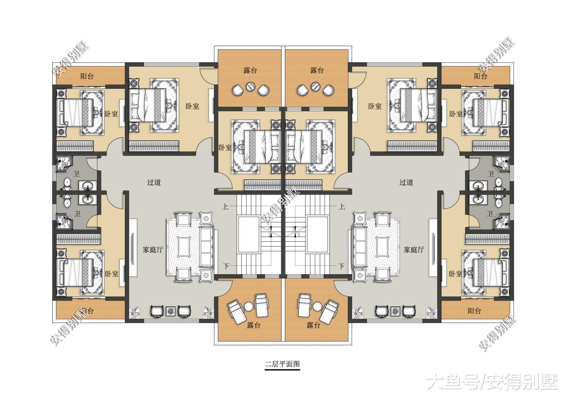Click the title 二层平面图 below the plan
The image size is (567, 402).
[282, 365]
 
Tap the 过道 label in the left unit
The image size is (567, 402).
[154, 183]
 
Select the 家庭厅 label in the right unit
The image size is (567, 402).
[414, 250]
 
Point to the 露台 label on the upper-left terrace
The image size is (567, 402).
[250, 71]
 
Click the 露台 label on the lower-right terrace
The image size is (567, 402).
[313, 325]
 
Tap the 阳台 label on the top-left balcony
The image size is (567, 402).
[87, 76]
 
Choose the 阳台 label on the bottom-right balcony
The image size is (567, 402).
[474, 311]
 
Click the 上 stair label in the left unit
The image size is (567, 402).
[225, 207]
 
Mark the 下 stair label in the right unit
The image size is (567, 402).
[341, 266]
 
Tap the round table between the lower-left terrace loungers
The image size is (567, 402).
[249, 306]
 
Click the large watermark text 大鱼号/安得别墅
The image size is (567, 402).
[492, 381]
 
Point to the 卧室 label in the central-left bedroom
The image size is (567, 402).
[225, 148]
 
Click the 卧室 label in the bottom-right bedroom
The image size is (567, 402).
[455, 274]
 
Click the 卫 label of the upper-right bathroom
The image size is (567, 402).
[491, 174]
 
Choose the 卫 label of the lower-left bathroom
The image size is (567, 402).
[77, 213]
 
